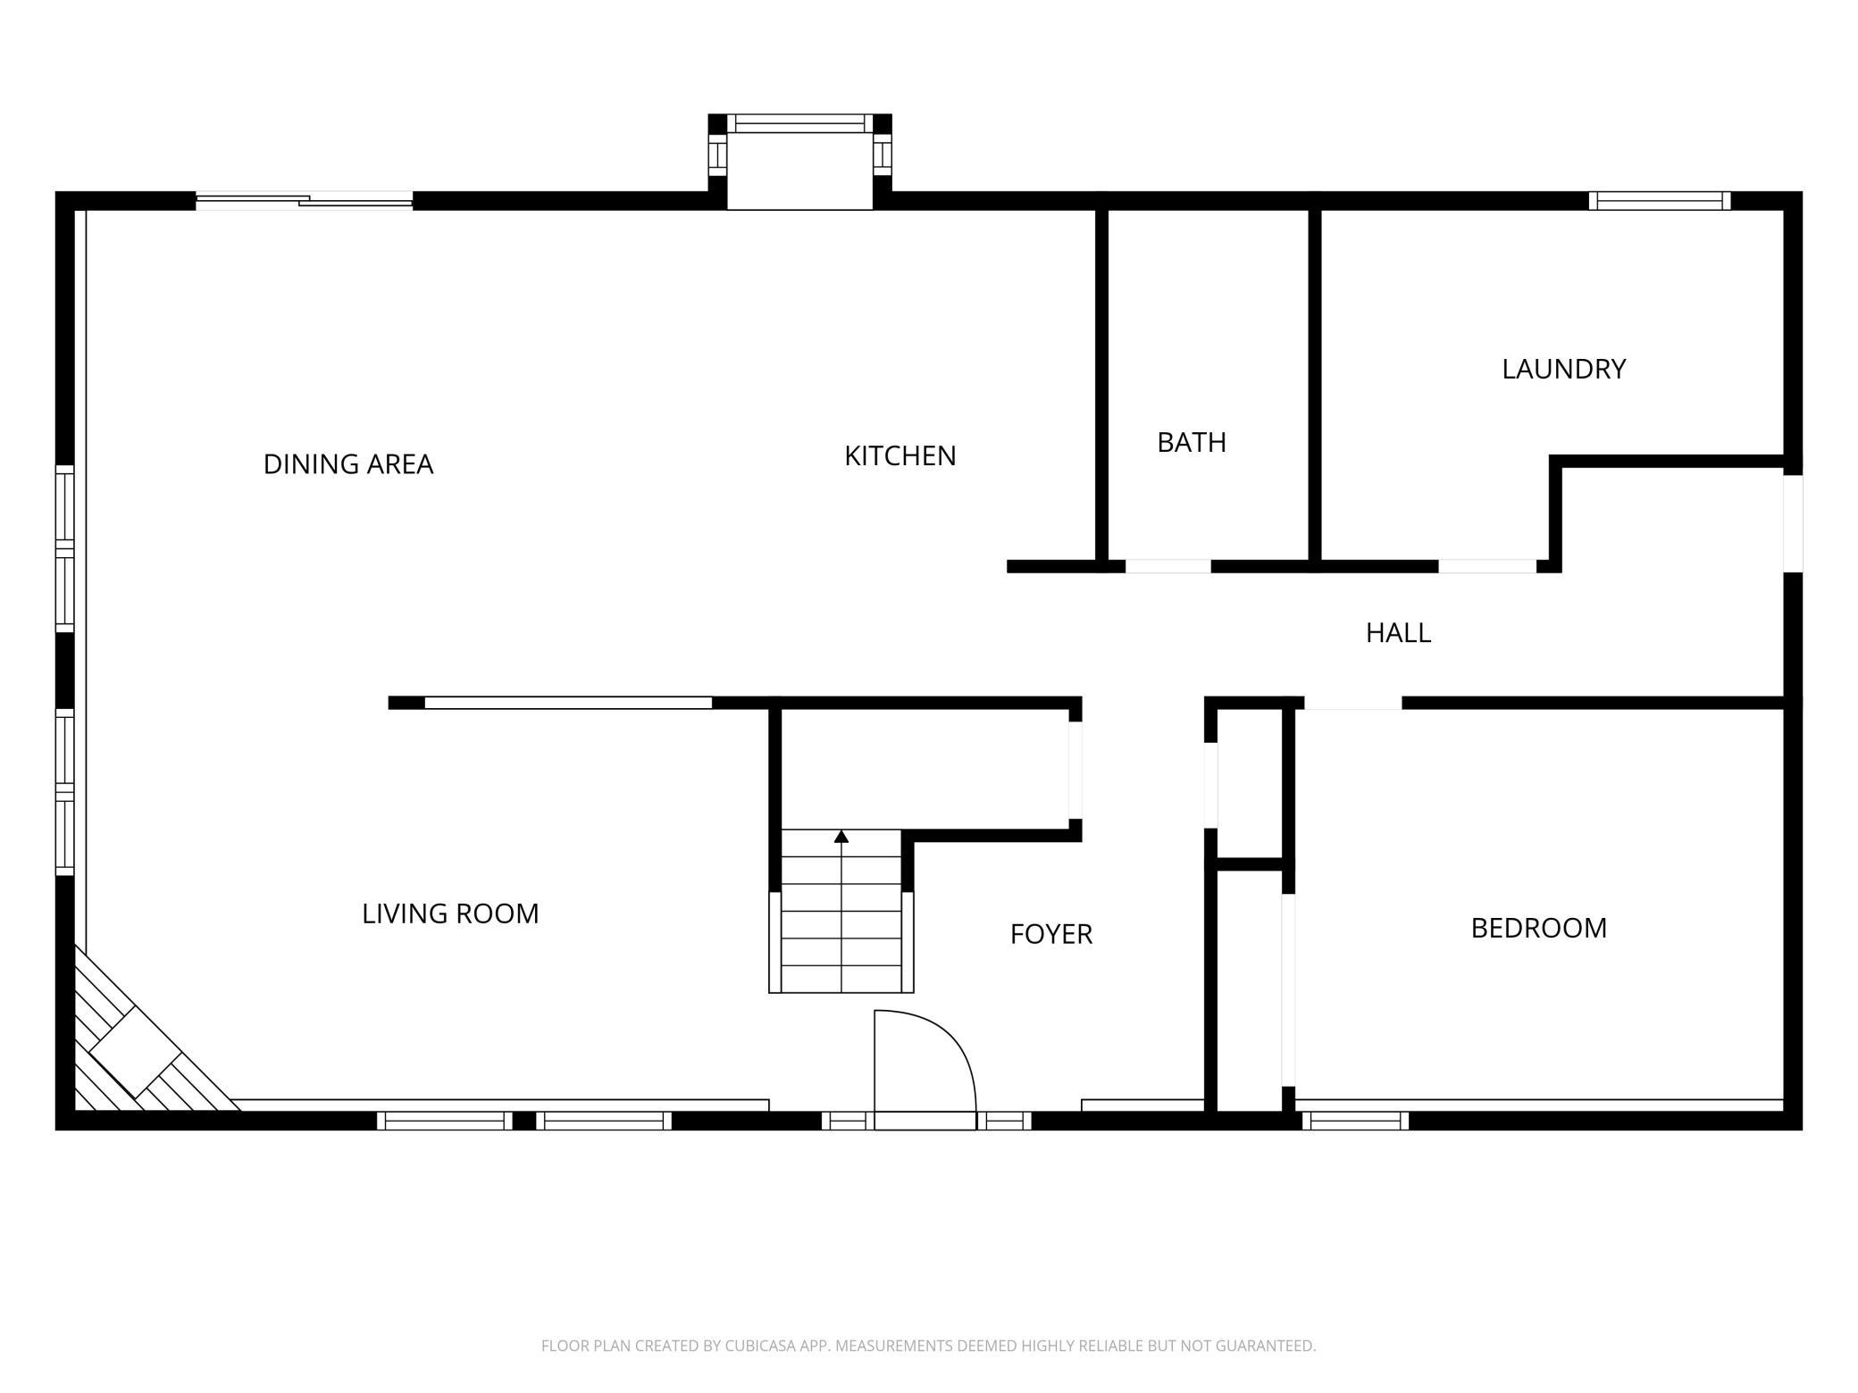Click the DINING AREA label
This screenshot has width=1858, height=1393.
pos(348,464)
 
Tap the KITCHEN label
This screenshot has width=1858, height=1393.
pos(900,456)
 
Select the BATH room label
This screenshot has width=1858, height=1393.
pos(1192,443)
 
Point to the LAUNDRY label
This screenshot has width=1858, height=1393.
pos(1564,369)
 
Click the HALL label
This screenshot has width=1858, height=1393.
pos(1399,633)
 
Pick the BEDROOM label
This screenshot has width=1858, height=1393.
pos(1539,929)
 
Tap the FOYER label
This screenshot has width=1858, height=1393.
pos(1051,934)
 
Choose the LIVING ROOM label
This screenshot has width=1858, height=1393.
pos(450,913)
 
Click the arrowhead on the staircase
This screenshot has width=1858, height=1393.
pos(841,837)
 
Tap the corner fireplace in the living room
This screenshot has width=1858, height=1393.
pos(143,1045)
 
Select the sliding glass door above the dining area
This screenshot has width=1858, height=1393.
pos(305,201)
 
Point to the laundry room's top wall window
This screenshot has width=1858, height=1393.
pos(1660,201)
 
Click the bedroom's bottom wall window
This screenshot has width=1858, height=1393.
pos(1355,1121)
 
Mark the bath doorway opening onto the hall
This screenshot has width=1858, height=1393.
pos(1168,566)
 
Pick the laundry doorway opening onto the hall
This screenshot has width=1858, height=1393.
pos(1487,566)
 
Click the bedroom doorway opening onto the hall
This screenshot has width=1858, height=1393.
pos(1353,704)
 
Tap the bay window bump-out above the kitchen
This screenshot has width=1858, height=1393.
pos(800,162)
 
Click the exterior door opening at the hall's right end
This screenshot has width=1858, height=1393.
pos(1793,523)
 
